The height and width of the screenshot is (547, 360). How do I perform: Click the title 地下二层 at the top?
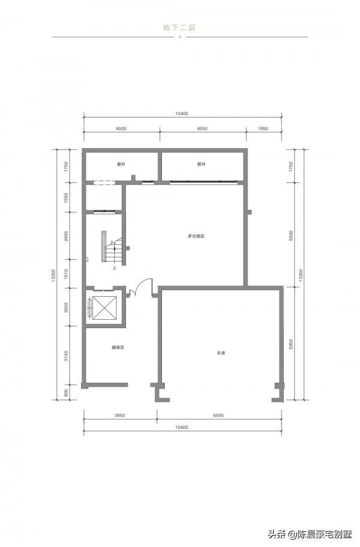click(x=179, y=28)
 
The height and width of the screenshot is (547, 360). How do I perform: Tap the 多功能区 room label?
click(x=196, y=236)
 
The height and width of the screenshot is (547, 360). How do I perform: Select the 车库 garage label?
click(x=221, y=353)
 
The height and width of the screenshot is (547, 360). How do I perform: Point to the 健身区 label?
click(x=118, y=347)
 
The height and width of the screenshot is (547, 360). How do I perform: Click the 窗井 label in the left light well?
click(x=121, y=164)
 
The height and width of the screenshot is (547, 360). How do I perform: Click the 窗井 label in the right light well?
click(x=201, y=164)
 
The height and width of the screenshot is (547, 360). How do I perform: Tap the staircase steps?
click(x=115, y=251)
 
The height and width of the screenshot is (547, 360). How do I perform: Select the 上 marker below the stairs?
click(x=114, y=268)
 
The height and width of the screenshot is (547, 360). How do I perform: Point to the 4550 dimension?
click(x=202, y=128)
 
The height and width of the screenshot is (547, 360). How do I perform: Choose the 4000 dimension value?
click(x=121, y=128)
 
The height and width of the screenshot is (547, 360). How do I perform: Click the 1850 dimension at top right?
click(x=263, y=128)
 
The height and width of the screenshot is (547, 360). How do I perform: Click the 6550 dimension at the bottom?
click(x=218, y=416)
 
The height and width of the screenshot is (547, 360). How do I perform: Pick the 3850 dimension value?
click(x=119, y=416)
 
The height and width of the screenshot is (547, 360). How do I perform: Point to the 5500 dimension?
click(x=291, y=236)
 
